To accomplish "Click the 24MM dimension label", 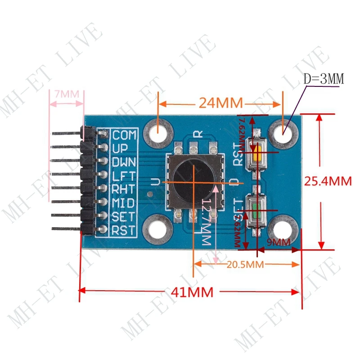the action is [x=220, y=103].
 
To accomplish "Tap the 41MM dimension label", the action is [x=191, y=292].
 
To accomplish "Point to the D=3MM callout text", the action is [x=324, y=80].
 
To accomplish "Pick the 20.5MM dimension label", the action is [x=245, y=265].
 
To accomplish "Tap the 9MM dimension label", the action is [x=279, y=242].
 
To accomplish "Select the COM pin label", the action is [x=124, y=135].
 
